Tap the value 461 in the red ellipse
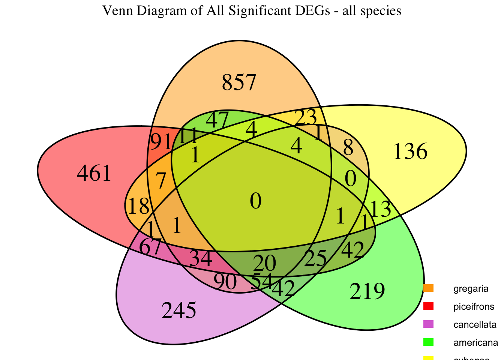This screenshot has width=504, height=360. [x=94, y=174]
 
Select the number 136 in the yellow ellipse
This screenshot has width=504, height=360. [x=410, y=152]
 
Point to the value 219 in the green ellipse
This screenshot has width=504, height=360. [x=367, y=291]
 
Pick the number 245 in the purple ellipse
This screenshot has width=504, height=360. [x=178, y=310]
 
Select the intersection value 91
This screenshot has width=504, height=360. [x=160, y=142]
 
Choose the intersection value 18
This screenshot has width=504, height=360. [x=139, y=206]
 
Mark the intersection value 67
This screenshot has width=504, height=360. [x=150, y=247]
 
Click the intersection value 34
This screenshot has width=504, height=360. [x=201, y=259]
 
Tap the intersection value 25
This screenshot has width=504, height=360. [x=315, y=259]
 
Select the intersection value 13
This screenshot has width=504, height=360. [x=381, y=210]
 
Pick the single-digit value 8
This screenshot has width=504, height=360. [x=348, y=149]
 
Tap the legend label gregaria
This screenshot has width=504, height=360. [x=471, y=289]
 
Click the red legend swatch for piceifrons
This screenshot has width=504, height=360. [x=428, y=306]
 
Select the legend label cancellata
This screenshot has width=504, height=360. [x=475, y=325]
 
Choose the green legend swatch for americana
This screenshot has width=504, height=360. [x=428, y=342]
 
